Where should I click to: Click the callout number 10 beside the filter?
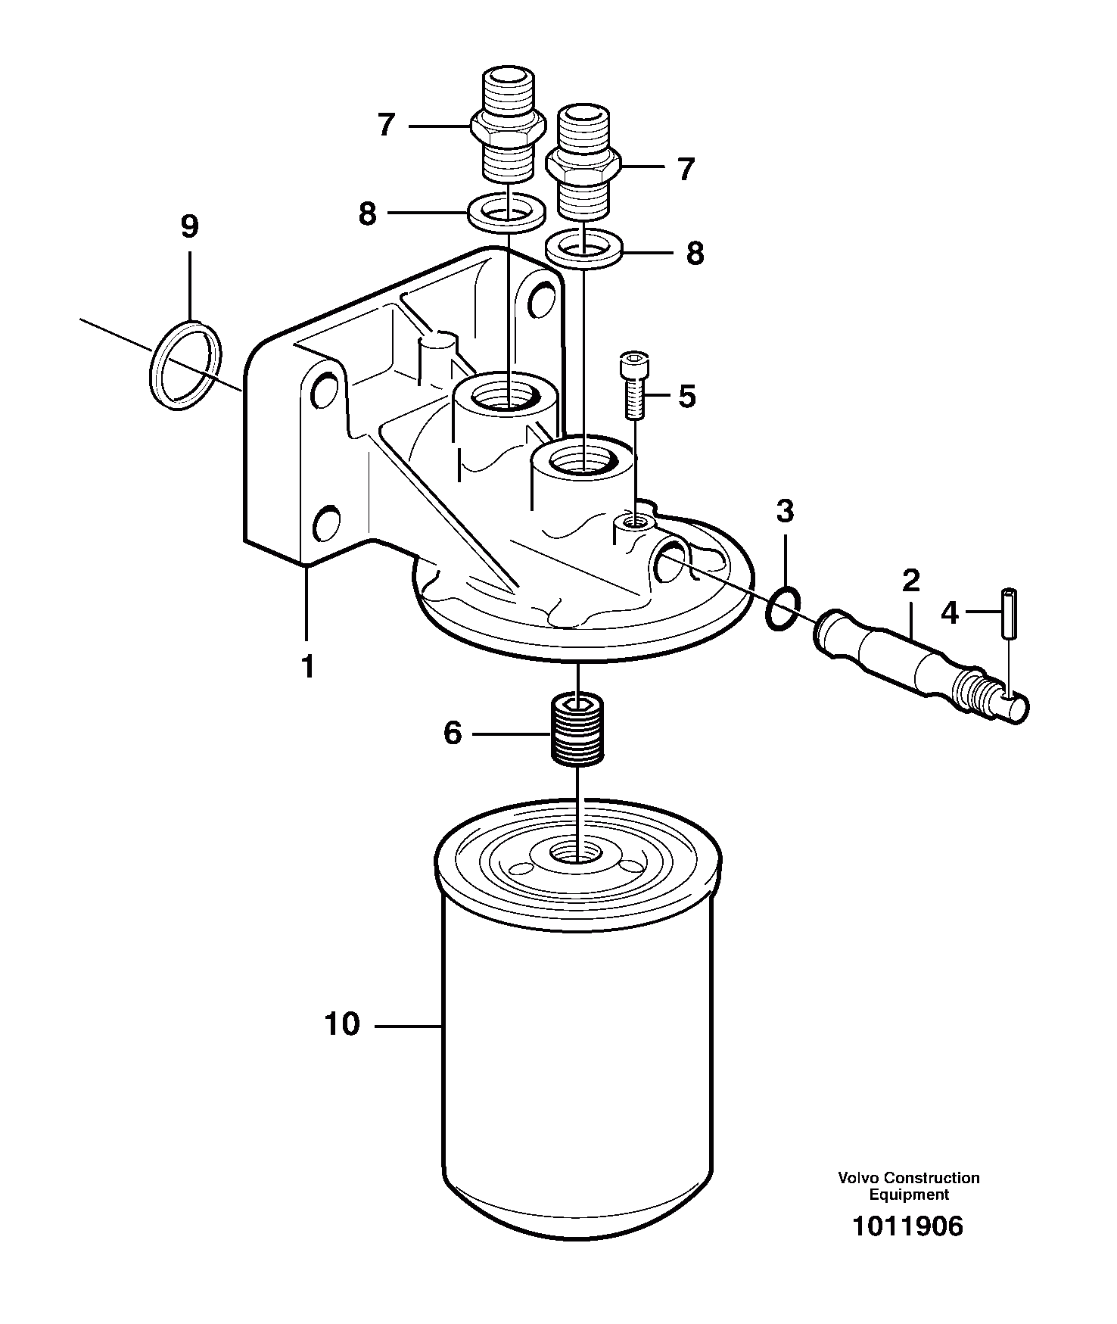click(x=342, y=1025)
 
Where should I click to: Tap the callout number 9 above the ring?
click(x=189, y=226)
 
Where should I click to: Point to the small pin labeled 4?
click(x=1010, y=614)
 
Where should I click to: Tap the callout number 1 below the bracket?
click(x=306, y=667)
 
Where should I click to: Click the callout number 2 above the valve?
click(x=910, y=581)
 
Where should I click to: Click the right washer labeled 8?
click(x=584, y=251)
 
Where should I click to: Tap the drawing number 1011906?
click(x=907, y=1226)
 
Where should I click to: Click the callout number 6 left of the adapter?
click(x=452, y=733)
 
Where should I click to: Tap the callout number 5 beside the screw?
click(x=686, y=396)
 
